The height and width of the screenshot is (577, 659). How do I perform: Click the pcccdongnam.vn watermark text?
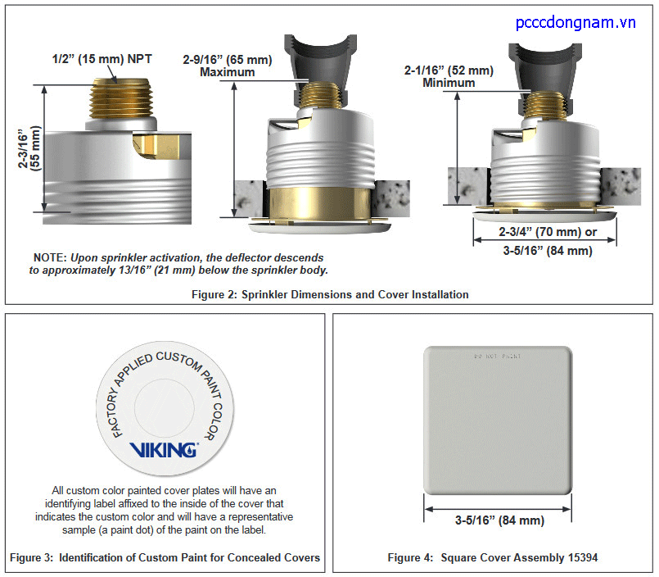click(x=575, y=23)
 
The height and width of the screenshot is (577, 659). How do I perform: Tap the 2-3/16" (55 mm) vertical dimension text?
click(x=30, y=148)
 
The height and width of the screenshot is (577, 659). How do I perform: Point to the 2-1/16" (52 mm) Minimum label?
click(x=449, y=76)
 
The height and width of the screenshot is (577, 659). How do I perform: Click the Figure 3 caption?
click(x=165, y=558)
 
